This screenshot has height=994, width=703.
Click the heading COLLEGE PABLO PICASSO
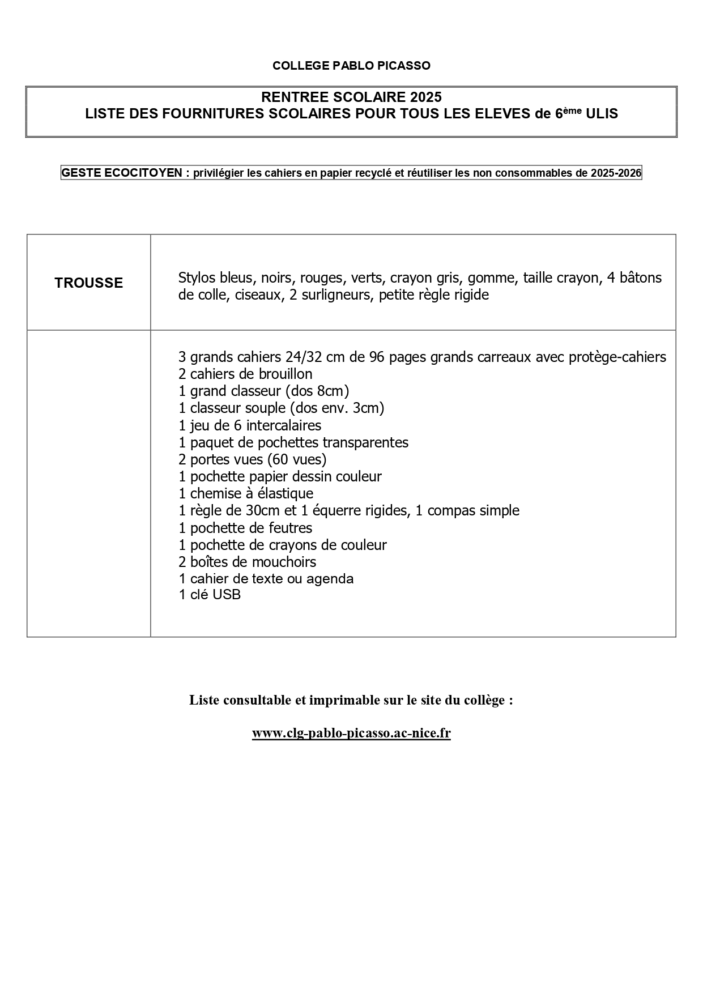coord(351,66)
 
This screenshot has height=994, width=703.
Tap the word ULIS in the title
coord(602,114)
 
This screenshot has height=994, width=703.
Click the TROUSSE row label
coord(89,283)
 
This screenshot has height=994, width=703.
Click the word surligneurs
coord(336,295)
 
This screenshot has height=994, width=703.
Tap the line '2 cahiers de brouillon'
coord(245,374)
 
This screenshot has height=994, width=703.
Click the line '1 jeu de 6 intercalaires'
coord(250,425)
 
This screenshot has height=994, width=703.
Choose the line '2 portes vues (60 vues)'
coord(252,459)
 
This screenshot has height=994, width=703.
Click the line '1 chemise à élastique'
coord(246,493)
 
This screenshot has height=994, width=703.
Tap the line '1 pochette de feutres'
coord(245,528)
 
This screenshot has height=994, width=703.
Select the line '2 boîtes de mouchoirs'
coord(247,562)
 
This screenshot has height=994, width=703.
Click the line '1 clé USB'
coord(210,595)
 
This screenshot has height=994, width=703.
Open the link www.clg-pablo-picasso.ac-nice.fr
coord(351,733)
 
